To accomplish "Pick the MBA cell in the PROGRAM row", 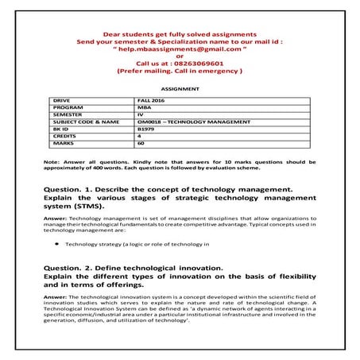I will [x=142, y=107].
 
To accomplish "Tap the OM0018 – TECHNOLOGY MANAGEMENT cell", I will [x=184, y=121].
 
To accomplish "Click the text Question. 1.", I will [x=71, y=188].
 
